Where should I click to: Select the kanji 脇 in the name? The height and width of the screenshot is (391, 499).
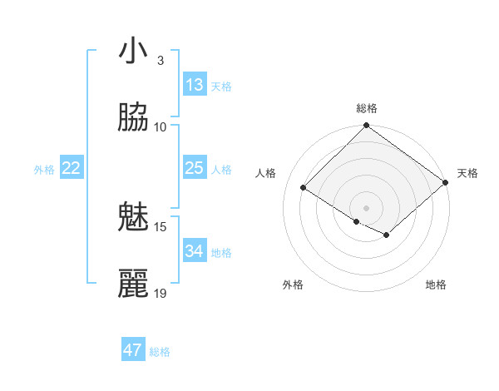point(133,119)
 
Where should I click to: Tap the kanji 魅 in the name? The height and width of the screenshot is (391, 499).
point(133,219)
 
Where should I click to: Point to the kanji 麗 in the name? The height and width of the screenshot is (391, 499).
point(133,285)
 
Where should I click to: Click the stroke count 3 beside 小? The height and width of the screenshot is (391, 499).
point(160,60)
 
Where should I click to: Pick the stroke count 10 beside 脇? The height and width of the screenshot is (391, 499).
point(161,126)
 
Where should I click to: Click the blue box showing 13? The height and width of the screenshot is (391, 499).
point(195,85)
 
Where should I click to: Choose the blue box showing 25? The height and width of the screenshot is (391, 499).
point(195,168)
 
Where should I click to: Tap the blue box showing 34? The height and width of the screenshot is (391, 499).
point(195,251)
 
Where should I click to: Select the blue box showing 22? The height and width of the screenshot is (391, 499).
point(72,168)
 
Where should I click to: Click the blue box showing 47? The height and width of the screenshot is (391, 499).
point(133,350)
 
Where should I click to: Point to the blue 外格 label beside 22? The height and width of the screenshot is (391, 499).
point(44,170)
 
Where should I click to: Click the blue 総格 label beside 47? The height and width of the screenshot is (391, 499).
point(160,352)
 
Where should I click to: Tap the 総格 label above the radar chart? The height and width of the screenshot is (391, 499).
point(367,108)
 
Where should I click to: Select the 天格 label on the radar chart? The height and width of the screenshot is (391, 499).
point(467,173)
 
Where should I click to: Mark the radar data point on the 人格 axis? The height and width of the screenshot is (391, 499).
point(304,187)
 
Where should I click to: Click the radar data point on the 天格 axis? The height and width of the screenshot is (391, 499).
point(446,182)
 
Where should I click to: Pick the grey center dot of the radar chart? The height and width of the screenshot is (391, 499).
point(366,207)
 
